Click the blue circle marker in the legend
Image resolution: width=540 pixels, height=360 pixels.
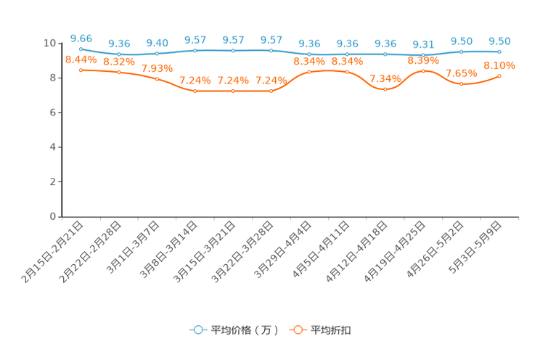coord(197,330)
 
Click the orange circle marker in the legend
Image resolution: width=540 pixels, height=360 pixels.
coord(298,330)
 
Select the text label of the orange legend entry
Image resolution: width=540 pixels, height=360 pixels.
coord(332,330)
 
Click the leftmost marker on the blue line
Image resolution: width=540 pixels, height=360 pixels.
coord(81,49)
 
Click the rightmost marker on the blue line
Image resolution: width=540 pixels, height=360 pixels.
coord(499,52)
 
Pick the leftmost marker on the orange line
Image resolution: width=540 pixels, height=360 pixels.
coord(81,70)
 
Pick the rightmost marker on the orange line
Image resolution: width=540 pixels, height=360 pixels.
coord(499,75)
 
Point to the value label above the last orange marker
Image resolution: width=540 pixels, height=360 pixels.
coord(499,65)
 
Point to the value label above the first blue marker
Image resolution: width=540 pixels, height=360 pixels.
coord(81,37)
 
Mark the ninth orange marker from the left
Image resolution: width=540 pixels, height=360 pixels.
coord(385,89)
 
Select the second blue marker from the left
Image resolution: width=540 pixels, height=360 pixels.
coord(119,54)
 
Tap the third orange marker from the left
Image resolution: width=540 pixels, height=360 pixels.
coord(157,78)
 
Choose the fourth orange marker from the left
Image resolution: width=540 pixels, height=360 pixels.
coord(195,91)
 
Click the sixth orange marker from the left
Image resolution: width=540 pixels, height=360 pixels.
coord(271,91)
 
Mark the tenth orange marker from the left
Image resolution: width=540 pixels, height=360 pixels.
coord(423,70)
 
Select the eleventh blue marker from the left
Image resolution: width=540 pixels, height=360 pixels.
coord(461,52)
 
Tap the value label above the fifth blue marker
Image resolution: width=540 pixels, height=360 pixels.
coord(233,40)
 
